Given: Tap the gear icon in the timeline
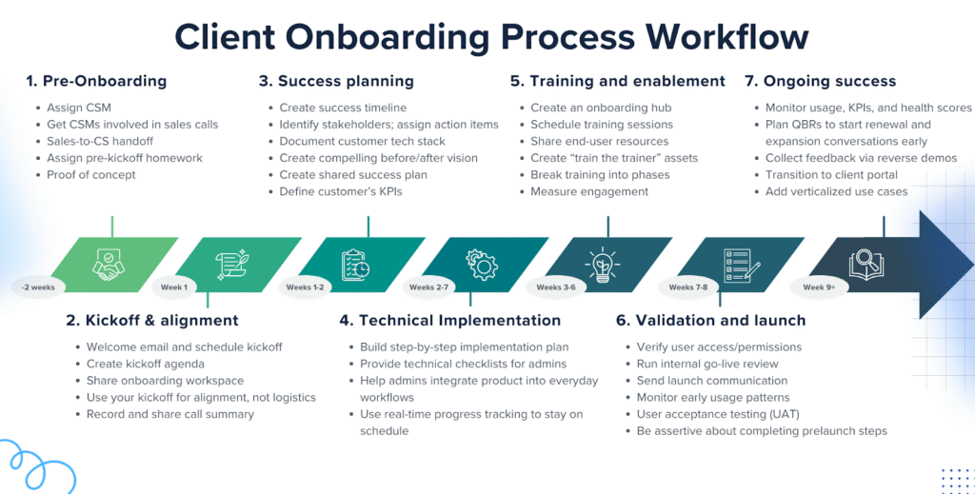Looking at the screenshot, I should pyautogui.click(x=481, y=264).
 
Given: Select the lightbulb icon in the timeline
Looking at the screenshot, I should pyautogui.click(x=605, y=264).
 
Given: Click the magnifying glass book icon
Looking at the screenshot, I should pyautogui.click(x=866, y=264).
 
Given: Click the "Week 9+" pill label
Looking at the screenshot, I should pyautogui.click(x=820, y=287).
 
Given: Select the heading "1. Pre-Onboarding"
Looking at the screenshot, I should pyautogui.click(x=96, y=81).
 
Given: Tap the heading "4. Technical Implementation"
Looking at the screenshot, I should pyautogui.click(x=449, y=320).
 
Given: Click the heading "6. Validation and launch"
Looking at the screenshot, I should pyautogui.click(x=710, y=320).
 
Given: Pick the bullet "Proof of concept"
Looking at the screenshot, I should pyautogui.click(x=91, y=175).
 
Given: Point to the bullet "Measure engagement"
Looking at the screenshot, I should pyautogui.click(x=589, y=191).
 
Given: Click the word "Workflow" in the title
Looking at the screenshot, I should pyautogui.click(x=727, y=36).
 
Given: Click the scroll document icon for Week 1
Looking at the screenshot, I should pyautogui.click(x=232, y=264).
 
